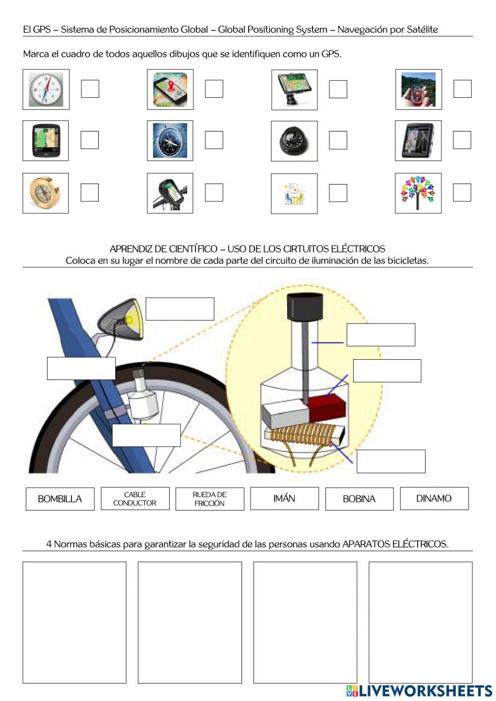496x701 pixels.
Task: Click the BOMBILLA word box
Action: (60, 499)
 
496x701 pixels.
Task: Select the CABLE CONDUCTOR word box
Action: (135, 499)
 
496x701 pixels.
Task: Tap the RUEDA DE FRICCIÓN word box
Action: (210, 499)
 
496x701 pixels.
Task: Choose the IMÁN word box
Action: (284, 499)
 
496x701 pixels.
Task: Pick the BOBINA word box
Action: (359, 499)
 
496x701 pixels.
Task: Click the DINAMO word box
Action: (434, 499)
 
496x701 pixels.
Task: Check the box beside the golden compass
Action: (89, 192)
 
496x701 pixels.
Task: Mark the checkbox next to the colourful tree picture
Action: (462, 192)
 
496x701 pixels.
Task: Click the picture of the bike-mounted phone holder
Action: (170, 193)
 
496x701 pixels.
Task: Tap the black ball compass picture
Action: (294, 141)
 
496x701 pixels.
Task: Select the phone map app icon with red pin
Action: (170, 89)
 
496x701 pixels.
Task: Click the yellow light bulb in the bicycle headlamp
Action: (130, 320)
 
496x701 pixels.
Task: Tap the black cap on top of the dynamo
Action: (305, 307)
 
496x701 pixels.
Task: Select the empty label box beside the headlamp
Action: (180, 309)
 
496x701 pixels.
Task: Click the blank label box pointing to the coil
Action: (391, 461)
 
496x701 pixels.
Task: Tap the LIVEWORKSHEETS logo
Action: (419, 691)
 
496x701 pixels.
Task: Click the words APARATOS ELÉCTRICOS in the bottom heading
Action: (395, 544)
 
